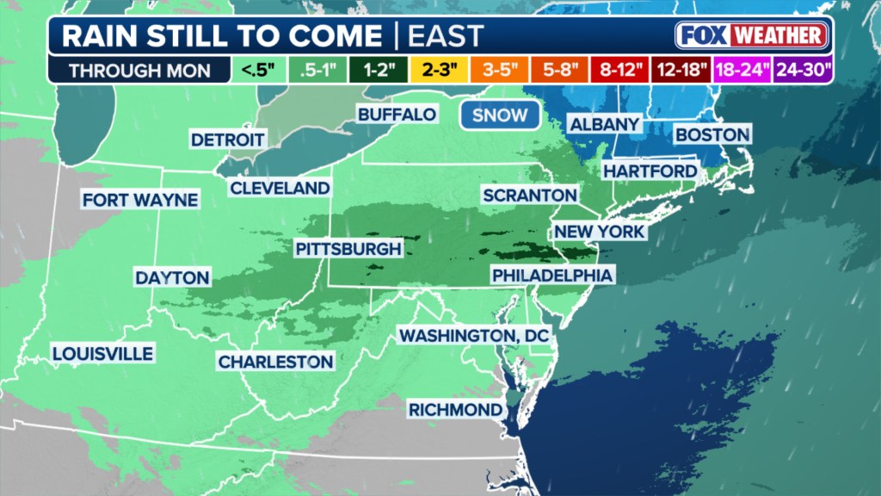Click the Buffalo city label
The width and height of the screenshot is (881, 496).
coord(397,115)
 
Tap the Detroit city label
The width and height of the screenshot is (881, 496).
coord(228,139)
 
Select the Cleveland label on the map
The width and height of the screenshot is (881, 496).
coord(280,188)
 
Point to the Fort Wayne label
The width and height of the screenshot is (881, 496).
coord(140,200)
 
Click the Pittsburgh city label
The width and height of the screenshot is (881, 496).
coord(348,249)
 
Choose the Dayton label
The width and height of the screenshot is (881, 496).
coord(172,278)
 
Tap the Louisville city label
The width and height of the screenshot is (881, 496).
coord(102,353)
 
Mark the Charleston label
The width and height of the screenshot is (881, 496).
coord(275,362)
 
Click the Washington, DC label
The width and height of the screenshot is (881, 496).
coord(473,334)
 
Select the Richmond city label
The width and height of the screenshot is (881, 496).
coord(455,408)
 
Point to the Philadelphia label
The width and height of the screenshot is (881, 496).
coord(552,276)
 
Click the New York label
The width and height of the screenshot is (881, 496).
coord(600,232)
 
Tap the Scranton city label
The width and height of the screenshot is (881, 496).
coord(529,195)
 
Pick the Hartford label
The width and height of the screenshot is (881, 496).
coord(650,171)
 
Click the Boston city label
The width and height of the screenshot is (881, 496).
coord(712,134)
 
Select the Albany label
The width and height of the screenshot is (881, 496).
coord(604,124)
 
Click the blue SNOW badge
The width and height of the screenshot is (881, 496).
coord(500,115)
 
